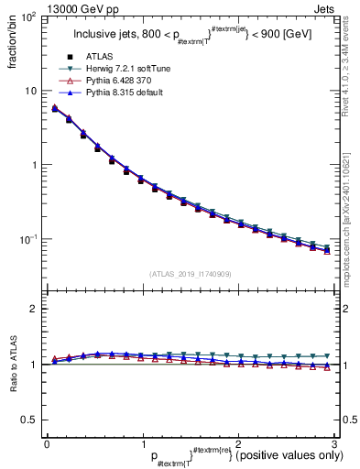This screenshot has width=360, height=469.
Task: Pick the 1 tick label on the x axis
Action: [142, 442]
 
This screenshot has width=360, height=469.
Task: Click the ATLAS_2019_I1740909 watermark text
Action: [190, 274]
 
